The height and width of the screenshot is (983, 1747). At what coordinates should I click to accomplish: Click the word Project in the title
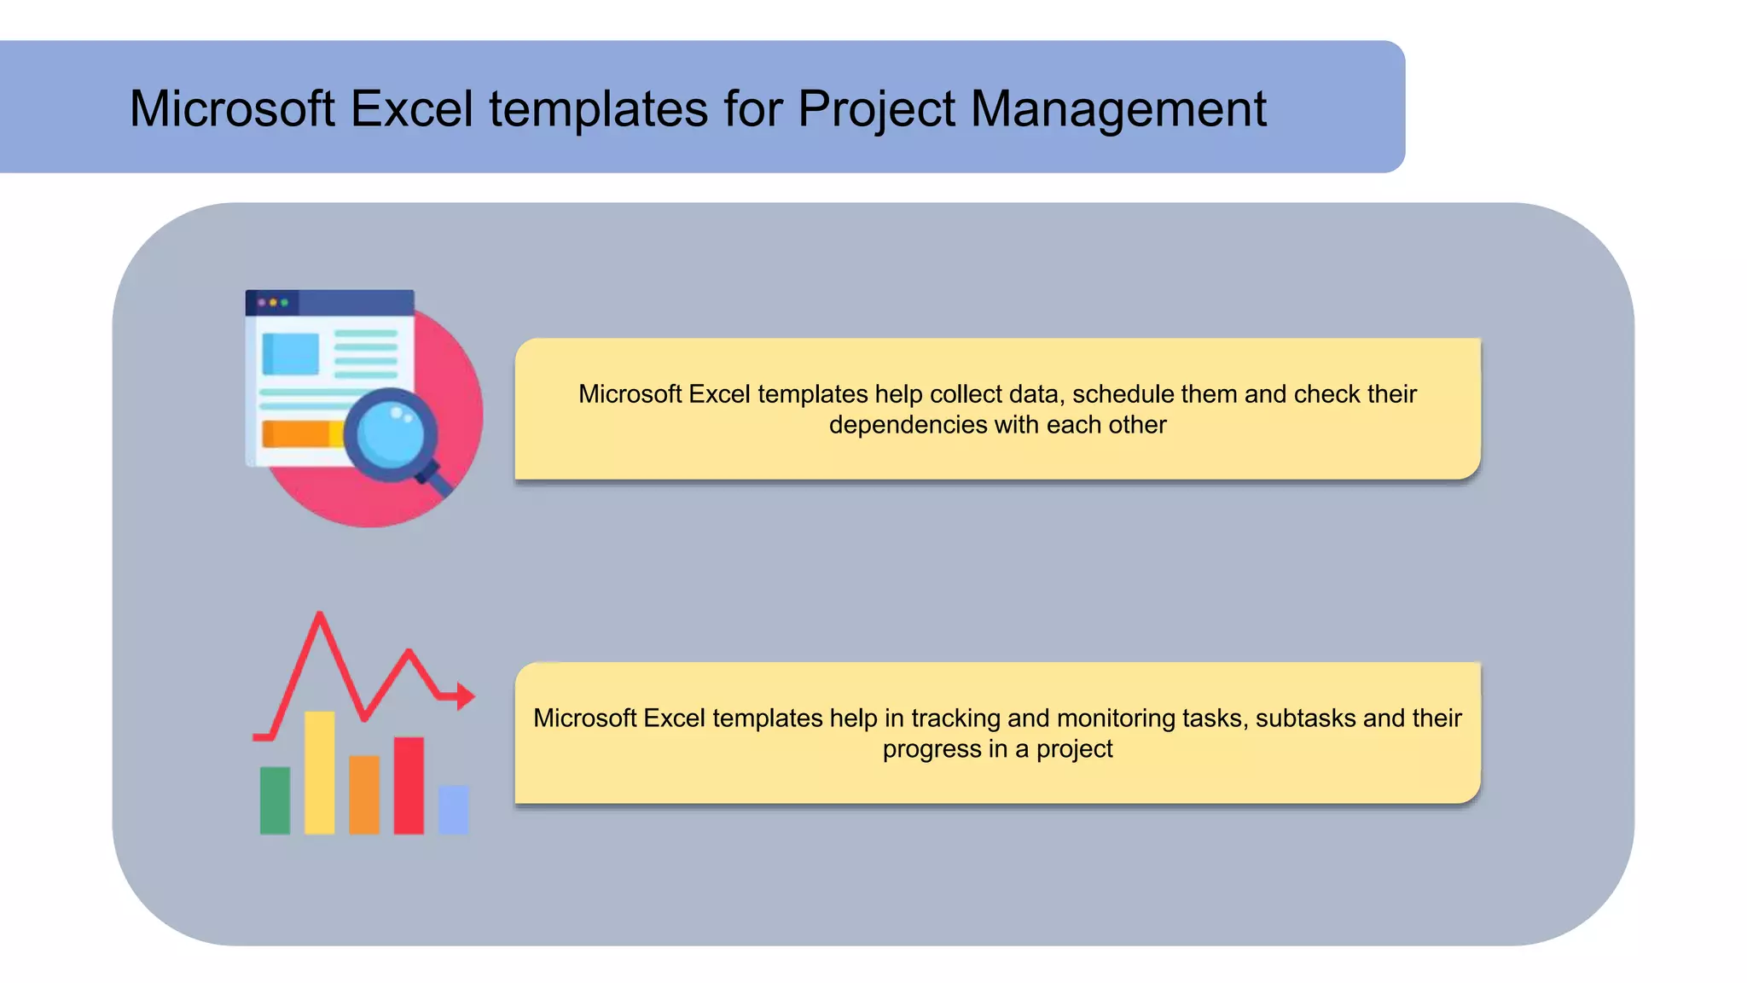[x=876, y=109]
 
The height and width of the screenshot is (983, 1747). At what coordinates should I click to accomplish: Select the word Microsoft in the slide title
[x=232, y=109]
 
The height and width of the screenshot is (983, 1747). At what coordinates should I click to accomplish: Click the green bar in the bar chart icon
[x=275, y=800]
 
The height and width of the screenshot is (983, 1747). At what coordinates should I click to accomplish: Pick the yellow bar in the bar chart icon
[x=320, y=772]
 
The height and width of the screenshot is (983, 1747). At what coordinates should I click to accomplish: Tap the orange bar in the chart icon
[x=364, y=794]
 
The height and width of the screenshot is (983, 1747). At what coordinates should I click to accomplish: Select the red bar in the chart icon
[x=409, y=785]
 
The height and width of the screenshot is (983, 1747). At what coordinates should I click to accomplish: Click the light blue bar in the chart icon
[x=453, y=809]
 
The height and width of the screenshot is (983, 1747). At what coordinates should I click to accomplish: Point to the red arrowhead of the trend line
[x=465, y=696]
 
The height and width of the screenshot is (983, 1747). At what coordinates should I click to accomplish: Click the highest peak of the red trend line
[x=320, y=616]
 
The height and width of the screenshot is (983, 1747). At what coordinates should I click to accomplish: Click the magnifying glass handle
[x=437, y=480]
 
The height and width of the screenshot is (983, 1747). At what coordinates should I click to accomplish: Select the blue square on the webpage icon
[x=291, y=353]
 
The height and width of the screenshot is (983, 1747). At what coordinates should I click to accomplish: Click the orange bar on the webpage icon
[x=299, y=433]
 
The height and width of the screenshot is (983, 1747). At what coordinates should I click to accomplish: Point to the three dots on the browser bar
[x=273, y=302]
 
